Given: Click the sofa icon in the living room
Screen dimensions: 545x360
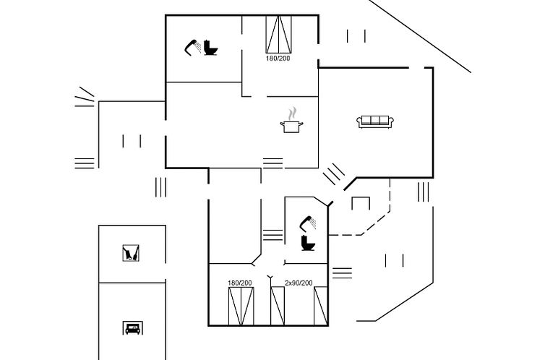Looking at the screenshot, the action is click(x=375, y=121).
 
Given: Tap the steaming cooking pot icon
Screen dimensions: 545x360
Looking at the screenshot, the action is click(x=291, y=120).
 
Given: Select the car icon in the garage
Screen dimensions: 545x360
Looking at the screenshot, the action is click(x=132, y=327).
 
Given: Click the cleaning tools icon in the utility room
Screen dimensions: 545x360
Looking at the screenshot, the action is click(x=131, y=253).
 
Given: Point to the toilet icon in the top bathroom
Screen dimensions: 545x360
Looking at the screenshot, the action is click(x=210, y=48).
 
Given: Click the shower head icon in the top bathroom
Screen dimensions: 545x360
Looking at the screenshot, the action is click(x=192, y=48).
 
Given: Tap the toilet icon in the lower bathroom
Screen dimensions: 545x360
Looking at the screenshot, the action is click(x=308, y=243).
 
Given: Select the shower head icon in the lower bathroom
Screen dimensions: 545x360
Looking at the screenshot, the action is click(x=308, y=223).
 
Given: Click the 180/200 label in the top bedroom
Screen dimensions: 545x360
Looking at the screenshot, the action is click(x=278, y=59).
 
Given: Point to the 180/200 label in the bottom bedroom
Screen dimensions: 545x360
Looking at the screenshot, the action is click(x=240, y=283).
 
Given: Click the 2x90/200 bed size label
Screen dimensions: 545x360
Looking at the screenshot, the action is click(x=299, y=283).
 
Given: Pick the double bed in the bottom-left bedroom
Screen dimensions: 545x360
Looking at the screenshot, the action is click(x=241, y=306).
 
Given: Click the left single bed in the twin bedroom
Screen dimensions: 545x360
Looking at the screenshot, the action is click(x=278, y=306).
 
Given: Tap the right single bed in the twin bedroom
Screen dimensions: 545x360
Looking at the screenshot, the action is click(x=321, y=306).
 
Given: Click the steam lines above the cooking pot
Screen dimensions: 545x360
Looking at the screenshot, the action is click(x=292, y=113).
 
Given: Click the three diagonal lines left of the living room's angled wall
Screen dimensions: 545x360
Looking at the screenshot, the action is click(x=334, y=173).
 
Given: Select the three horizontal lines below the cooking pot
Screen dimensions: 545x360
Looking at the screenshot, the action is click(x=272, y=163).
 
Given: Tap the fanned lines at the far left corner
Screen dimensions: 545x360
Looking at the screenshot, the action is click(x=85, y=97).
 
